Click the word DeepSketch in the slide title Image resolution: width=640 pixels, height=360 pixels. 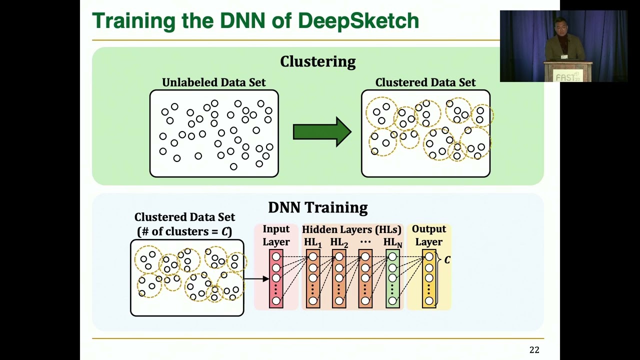click(x=358, y=21)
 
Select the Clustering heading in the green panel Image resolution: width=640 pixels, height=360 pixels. click(x=317, y=61)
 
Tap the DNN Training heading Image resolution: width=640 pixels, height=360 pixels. click(x=317, y=207)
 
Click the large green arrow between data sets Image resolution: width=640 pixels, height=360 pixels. click(x=322, y=132)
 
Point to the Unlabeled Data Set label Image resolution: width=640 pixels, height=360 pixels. click(x=213, y=82)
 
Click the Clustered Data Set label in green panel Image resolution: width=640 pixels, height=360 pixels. click(x=425, y=82)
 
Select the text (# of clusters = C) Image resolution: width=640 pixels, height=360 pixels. click(x=184, y=231)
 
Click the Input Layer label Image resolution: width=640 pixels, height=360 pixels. click(x=276, y=235)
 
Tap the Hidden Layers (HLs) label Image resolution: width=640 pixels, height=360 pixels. click(x=351, y=229)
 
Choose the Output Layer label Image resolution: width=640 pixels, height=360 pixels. click(x=428, y=235)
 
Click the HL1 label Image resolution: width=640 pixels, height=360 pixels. click(x=312, y=242)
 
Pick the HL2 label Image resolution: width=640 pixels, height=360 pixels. click(x=338, y=242)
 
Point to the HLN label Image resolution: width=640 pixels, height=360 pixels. click(x=392, y=242)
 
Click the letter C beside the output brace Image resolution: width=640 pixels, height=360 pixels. click(x=447, y=260)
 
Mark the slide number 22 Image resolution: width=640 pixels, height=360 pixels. click(x=534, y=350)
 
